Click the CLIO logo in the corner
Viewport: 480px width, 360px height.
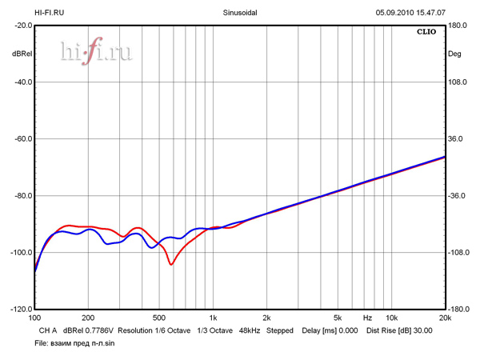click(426, 33)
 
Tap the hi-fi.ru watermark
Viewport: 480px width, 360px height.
click(96, 52)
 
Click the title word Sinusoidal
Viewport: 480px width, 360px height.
click(239, 13)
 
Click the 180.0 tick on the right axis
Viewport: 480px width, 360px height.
click(458, 26)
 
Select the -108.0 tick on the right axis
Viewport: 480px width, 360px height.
click(458, 252)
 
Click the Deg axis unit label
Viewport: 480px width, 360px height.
click(454, 54)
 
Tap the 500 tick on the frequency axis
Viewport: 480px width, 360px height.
click(158, 318)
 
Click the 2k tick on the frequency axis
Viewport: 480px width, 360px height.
click(266, 318)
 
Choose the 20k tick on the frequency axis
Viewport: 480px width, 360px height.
click(444, 318)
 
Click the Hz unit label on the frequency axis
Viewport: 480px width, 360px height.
click(367, 318)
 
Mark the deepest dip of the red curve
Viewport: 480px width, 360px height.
click(171, 264)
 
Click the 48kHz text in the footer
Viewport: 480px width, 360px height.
click(250, 330)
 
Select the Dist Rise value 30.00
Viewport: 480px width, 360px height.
click(422, 330)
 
